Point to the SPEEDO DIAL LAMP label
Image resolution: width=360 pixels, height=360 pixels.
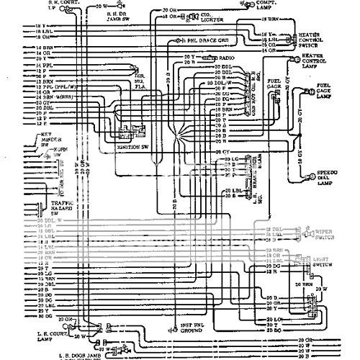(x=330, y=178)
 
